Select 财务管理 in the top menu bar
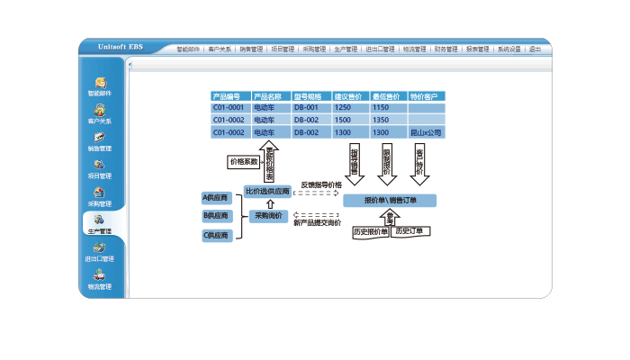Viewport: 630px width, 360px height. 445,49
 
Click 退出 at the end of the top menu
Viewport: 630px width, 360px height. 535,49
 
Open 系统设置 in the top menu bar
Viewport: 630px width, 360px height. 508,49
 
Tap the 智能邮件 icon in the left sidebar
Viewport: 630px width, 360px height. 100,84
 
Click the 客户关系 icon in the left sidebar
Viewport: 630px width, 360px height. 100,112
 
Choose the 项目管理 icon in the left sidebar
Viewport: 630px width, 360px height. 100,166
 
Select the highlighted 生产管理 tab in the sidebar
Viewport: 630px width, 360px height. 100,222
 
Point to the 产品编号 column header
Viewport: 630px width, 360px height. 229,96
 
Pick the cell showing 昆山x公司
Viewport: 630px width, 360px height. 426,132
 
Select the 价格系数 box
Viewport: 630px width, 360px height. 243,162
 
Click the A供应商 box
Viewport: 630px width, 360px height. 216,197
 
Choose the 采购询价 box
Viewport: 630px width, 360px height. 268,216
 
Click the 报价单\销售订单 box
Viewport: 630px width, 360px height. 390,200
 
